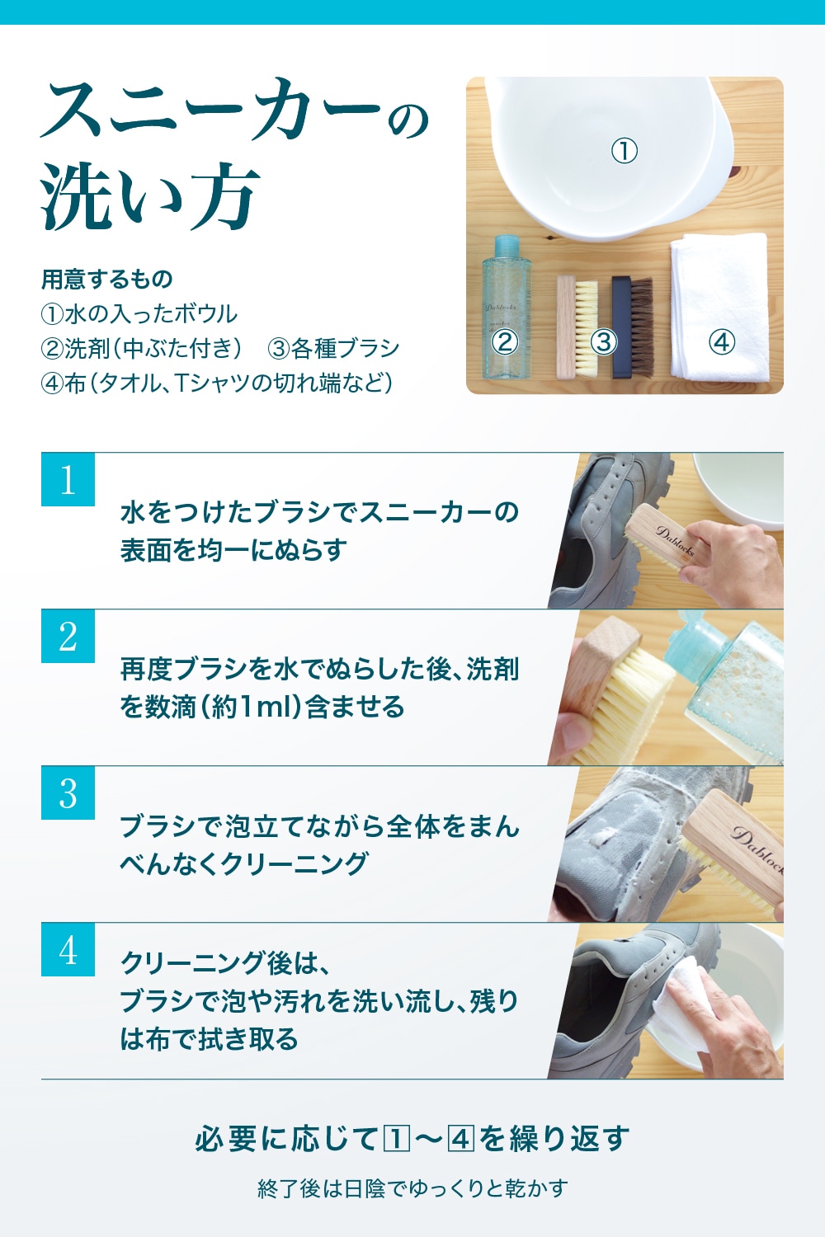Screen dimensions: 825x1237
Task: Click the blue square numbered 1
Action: click(68, 479)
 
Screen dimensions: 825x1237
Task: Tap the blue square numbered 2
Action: click(68, 636)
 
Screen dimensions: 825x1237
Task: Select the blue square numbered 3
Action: click(68, 793)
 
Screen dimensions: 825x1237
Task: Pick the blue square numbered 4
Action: click(68, 950)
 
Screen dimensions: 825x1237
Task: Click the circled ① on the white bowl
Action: click(625, 151)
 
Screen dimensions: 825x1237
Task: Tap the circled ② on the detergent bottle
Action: click(505, 342)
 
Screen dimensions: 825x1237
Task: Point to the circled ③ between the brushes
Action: click(604, 342)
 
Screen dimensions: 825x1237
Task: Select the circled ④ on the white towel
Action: click(722, 342)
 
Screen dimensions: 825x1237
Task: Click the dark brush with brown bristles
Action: click(633, 327)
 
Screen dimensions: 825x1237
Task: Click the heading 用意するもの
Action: click(107, 279)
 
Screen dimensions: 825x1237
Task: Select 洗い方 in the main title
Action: click(150, 196)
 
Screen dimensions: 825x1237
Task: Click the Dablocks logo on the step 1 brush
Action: click(675, 542)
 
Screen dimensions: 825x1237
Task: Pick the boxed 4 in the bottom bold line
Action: click(461, 1139)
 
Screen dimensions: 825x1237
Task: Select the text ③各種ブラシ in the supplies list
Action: click(333, 349)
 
